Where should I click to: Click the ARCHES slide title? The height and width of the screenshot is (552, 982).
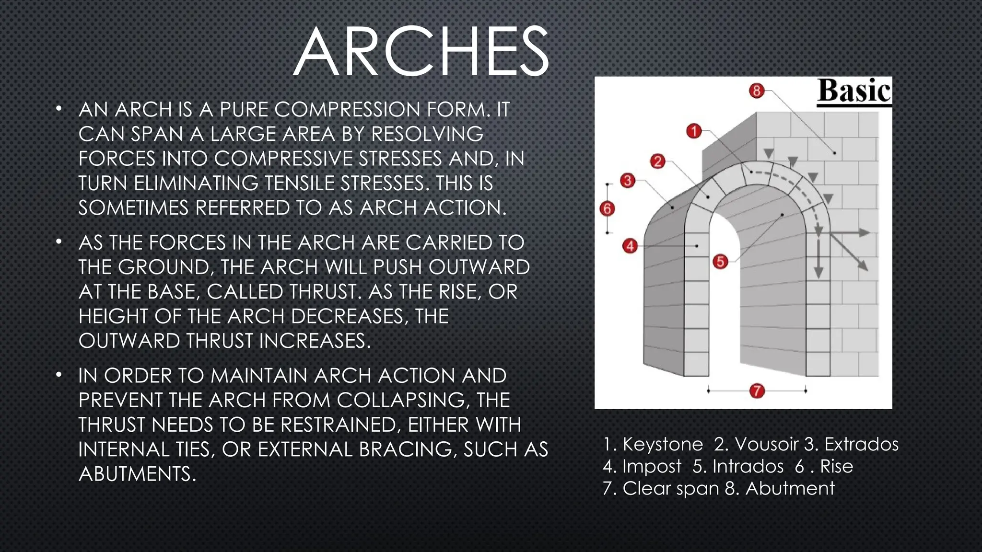[421, 52]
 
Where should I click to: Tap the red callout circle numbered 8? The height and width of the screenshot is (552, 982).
[756, 91]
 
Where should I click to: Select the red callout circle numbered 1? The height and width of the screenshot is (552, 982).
[694, 131]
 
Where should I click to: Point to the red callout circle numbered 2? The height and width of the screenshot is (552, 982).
[657, 161]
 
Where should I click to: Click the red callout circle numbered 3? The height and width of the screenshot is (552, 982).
[628, 181]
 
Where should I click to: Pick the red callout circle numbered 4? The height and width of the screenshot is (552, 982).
[630, 246]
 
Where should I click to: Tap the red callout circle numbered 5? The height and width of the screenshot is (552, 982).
[720, 262]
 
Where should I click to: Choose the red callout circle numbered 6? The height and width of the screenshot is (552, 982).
[607, 208]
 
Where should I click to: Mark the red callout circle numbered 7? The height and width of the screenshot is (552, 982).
[757, 391]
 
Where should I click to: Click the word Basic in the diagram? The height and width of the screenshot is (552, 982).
[854, 91]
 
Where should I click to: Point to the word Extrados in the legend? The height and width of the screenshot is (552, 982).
[861, 444]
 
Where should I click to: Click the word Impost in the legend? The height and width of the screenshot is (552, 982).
[652, 466]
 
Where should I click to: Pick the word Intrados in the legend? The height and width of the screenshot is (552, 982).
[748, 466]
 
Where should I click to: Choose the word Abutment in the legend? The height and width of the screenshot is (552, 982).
[790, 488]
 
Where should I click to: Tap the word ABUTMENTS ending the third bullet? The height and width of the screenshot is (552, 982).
[137, 474]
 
